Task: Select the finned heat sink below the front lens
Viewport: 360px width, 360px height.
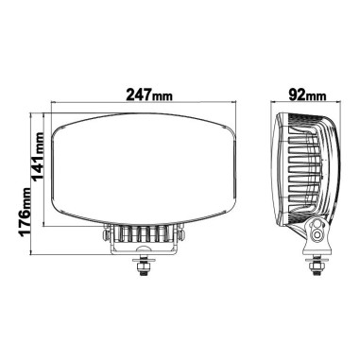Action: pos(144,235)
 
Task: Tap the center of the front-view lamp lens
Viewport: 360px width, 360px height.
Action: pos(144,169)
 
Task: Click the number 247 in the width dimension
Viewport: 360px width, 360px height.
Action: pos(134,96)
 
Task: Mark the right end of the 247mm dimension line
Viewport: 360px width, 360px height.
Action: pos(232,105)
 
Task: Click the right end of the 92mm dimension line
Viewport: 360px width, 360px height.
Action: pos(335,105)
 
